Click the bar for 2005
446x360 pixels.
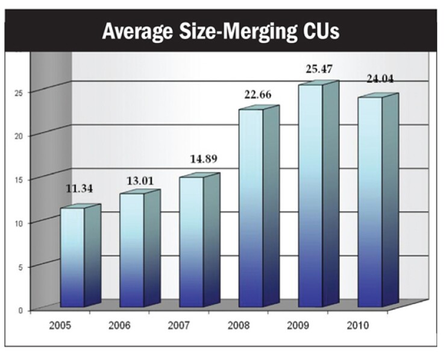click(x=72, y=256)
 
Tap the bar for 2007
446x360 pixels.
click(x=192, y=241)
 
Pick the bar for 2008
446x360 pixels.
click(x=251, y=207)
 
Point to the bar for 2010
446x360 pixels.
click(x=370, y=201)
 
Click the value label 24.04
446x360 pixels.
click(x=382, y=79)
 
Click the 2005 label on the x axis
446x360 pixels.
click(x=60, y=326)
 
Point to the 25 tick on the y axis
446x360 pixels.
click(x=19, y=92)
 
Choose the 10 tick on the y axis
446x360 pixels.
click(x=19, y=223)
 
